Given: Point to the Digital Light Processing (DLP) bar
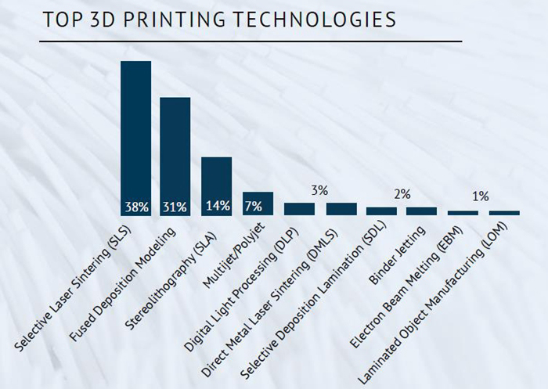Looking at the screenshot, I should point(299,209).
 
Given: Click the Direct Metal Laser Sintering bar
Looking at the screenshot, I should point(341,209).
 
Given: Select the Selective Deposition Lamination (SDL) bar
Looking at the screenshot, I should point(381,211).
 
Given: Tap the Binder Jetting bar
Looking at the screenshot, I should point(422,211).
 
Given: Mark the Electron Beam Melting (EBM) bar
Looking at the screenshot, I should point(463,213).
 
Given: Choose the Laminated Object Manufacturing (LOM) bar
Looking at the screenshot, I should point(504,213).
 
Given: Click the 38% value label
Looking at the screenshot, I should point(135,207).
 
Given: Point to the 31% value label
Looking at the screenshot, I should point(175,207).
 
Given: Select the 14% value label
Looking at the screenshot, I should point(217,207).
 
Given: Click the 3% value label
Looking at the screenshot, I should point(319,190).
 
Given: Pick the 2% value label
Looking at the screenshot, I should point(402,194).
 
